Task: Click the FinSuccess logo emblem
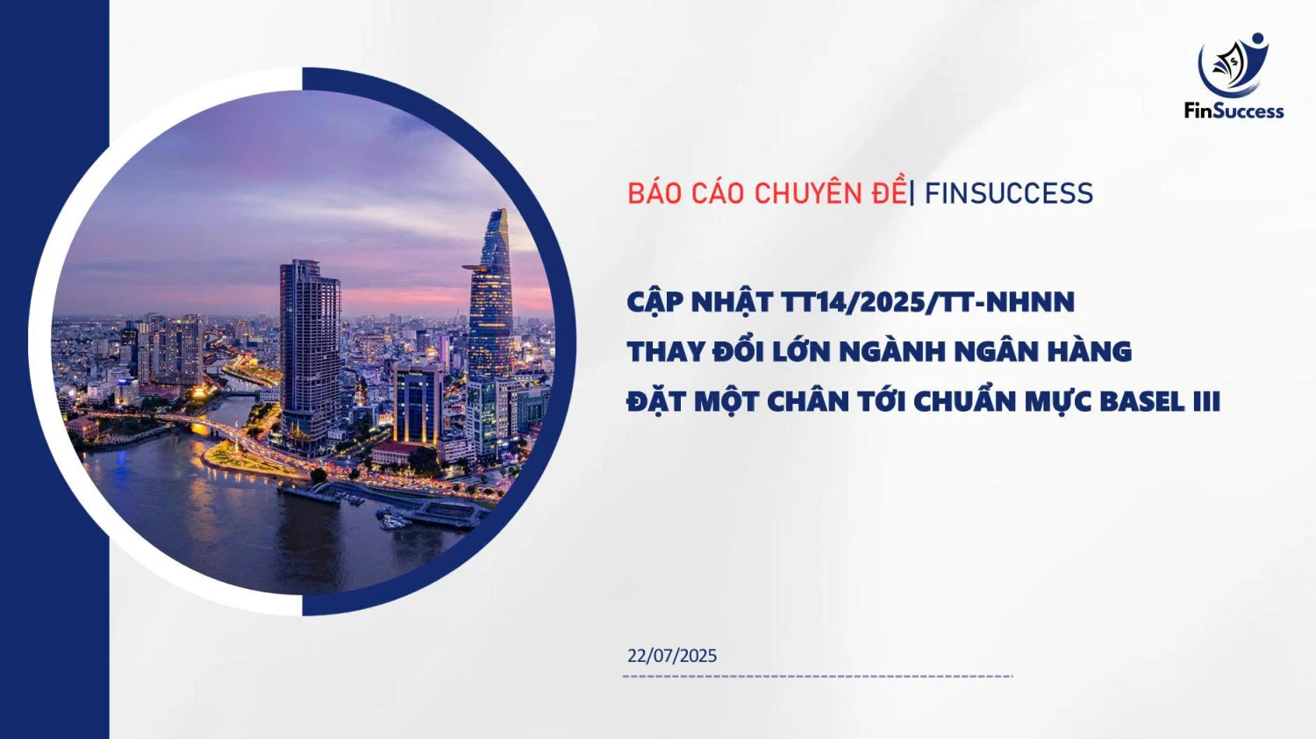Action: (1234, 66)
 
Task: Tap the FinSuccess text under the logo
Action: (1234, 111)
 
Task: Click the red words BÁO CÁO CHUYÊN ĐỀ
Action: (766, 193)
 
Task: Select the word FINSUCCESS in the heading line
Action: (1009, 193)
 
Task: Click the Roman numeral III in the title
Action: (1207, 402)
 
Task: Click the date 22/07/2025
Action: (672, 656)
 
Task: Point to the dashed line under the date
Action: (817, 677)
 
